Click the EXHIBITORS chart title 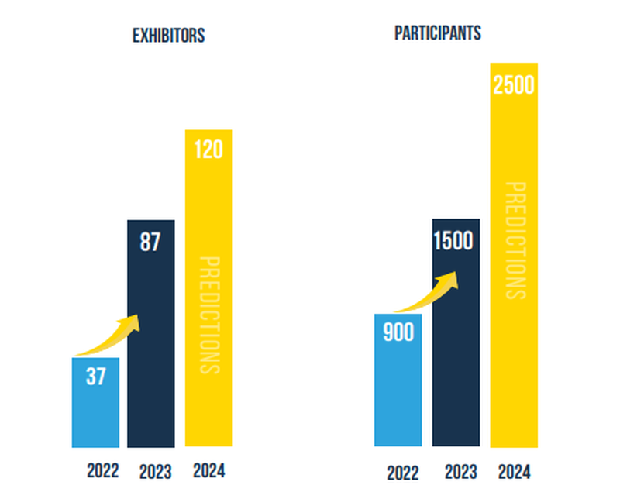click(x=168, y=36)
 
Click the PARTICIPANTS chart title click(x=438, y=33)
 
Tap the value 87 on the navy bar click(x=150, y=243)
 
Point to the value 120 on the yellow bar click(x=208, y=149)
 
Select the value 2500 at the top click(x=514, y=84)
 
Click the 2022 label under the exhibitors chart click(x=103, y=471)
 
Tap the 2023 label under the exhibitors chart click(x=155, y=471)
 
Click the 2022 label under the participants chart click(x=402, y=472)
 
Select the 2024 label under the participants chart click(x=515, y=471)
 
